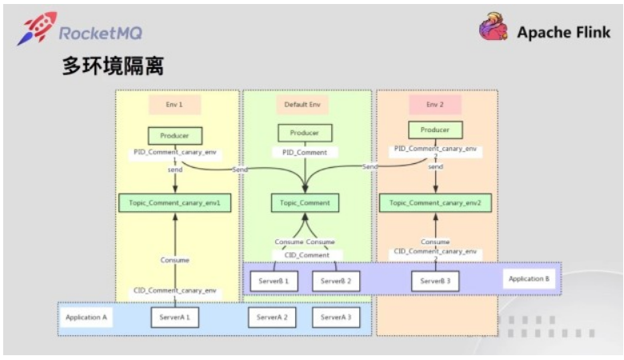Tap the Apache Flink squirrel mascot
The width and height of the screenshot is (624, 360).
tap(494, 29)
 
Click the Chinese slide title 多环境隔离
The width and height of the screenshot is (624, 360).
tap(113, 66)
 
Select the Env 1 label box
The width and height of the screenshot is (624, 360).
tap(174, 105)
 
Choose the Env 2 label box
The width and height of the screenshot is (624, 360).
tap(435, 105)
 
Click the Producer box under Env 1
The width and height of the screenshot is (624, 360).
tap(174, 136)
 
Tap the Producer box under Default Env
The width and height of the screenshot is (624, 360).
tap(305, 134)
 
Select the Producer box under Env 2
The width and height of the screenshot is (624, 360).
tap(435, 130)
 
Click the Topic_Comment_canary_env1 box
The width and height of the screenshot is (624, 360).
tap(174, 203)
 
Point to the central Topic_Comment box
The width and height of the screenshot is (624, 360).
tap(305, 203)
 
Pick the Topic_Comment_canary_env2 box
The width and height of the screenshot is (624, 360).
tap(435, 203)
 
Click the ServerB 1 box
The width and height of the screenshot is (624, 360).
tap(275, 281)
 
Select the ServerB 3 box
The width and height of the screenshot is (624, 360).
tap(435, 281)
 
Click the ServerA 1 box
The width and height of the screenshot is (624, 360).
tap(174, 318)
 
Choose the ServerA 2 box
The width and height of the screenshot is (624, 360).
tap(272, 318)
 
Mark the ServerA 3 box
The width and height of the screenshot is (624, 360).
tap(336, 318)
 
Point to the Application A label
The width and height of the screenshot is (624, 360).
tap(86, 318)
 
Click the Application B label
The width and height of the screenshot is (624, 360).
tap(529, 279)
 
